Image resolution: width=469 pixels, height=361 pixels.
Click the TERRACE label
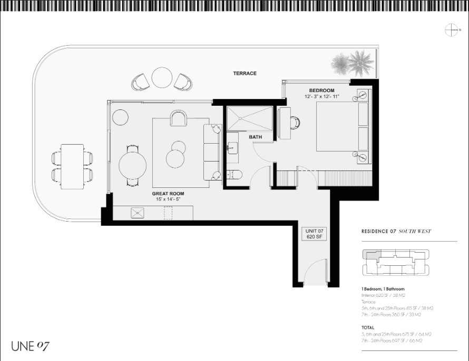pos(245,73)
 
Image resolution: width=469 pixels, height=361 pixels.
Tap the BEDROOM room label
pos(321,91)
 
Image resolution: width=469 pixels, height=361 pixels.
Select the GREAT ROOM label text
pos(168,194)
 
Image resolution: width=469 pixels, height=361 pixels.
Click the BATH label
pos(256,137)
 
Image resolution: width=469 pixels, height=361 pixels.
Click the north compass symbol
pos(452,31)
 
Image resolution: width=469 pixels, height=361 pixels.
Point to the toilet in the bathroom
pos(233,175)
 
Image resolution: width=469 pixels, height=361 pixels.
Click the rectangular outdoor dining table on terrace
pos(72,166)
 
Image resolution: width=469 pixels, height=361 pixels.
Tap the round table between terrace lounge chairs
pos(161,78)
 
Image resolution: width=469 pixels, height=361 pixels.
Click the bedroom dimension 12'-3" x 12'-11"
pos(321,97)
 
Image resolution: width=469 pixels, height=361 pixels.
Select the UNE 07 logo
pos(31,346)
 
